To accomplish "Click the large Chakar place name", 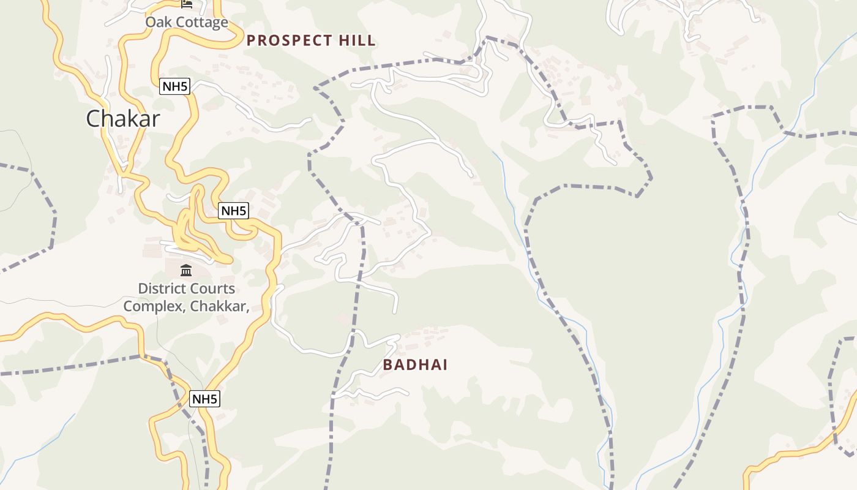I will point(123,118).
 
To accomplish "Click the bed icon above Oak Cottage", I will point(187,4).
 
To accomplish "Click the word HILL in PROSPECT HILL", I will point(357,41).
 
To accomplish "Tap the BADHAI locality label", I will point(415,365).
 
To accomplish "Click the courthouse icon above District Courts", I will point(186,270).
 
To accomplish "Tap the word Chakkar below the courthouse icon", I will point(217,306).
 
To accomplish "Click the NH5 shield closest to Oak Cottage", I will point(174,86).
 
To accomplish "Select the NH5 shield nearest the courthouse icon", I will point(234,211).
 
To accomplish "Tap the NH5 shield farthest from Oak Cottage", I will point(204,399).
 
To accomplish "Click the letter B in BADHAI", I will point(387,365).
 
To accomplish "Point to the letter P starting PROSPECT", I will point(251,41).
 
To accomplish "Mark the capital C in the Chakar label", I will point(94,119).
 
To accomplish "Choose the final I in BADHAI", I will point(445,365).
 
